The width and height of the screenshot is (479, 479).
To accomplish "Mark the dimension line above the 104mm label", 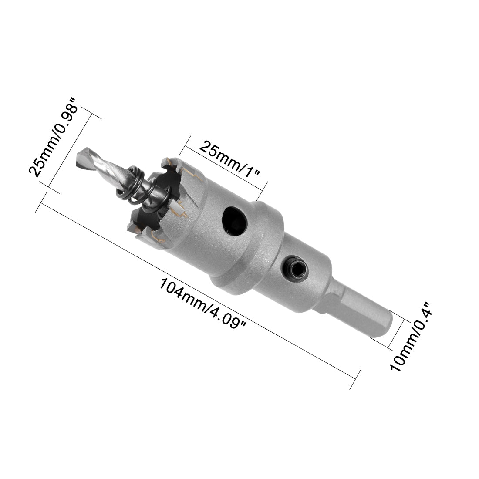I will (x=196, y=287).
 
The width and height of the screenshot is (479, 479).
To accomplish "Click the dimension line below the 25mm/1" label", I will (x=224, y=168).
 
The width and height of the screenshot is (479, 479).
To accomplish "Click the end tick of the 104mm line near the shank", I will (x=356, y=379).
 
